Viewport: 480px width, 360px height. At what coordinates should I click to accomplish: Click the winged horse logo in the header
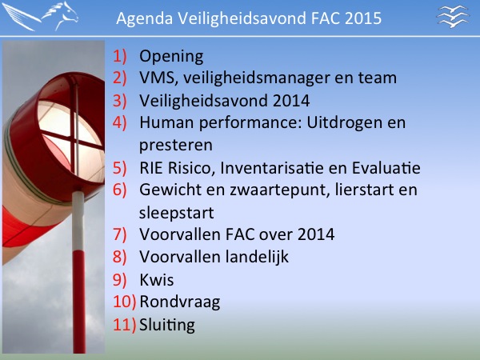click(x=40, y=16)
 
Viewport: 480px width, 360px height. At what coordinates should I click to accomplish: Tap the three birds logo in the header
click(x=453, y=16)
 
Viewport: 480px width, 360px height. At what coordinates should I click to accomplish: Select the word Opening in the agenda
click(x=171, y=57)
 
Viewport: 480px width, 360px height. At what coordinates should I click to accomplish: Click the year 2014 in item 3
click(x=291, y=101)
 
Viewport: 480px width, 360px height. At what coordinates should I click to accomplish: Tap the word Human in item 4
click(x=166, y=122)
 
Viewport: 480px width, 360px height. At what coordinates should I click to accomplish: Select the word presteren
click(x=176, y=146)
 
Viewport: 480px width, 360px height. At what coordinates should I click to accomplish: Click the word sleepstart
click(x=176, y=213)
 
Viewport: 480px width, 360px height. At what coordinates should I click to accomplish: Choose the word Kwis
click(x=157, y=280)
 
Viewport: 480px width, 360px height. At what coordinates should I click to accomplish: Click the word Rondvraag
click(x=180, y=302)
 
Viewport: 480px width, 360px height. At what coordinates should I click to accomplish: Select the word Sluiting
click(x=167, y=325)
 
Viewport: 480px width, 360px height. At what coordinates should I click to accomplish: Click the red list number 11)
click(x=124, y=325)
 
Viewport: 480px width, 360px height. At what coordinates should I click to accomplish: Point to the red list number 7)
click(x=119, y=234)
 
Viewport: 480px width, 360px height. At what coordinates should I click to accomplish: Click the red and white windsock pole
click(x=78, y=272)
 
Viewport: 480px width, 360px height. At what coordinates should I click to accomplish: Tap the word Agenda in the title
click(x=145, y=18)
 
